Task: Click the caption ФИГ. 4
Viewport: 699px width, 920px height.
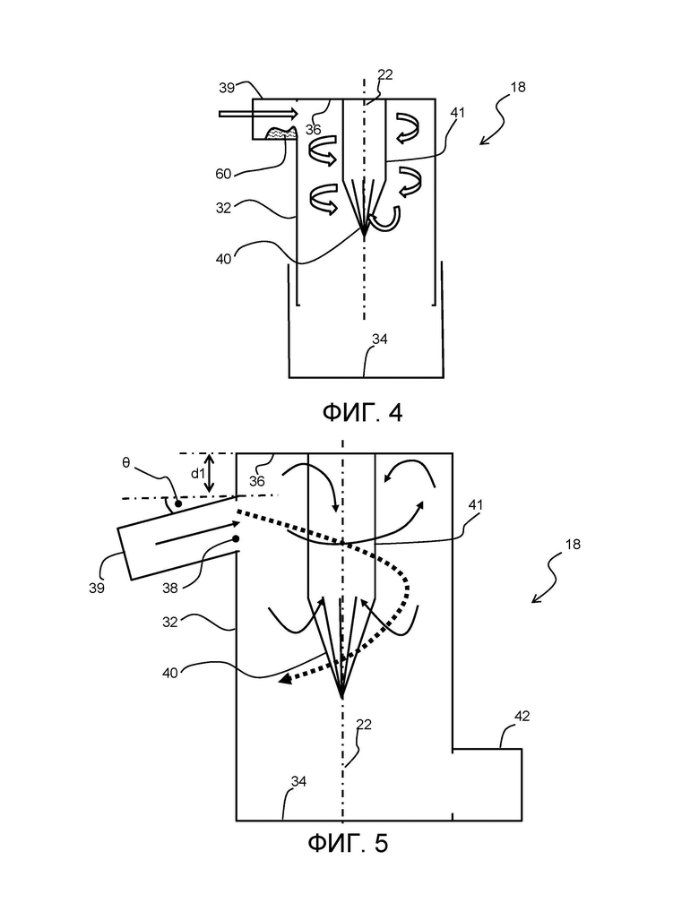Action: pyautogui.click(x=362, y=412)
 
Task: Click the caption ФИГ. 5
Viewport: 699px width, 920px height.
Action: pyautogui.click(x=348, y=844)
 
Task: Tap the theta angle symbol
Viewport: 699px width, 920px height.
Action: pyautogui.click(x=126, y=462)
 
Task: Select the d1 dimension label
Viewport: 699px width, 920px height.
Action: pyautogui.click(x=198, y=473)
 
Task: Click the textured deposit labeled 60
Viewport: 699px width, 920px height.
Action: pyautogui.click(x=282, y=133)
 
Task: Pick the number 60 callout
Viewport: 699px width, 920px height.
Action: pyautogui.click(x=224, y=174)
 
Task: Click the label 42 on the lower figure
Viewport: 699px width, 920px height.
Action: pyautogui.click(x=522, y=716)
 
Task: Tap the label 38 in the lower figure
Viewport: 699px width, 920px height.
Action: pyautogui.click(x=169, y=588)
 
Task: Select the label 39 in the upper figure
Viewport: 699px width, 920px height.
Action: pyautogui.click(x=227, y=88)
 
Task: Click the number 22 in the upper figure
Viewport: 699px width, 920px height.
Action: pyautogui.click(x=385, y=74)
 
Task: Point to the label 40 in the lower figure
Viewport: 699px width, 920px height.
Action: pyautogui.click(x=169, y=673)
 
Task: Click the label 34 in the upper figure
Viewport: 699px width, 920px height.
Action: pyautogui.click(x=380, y=340)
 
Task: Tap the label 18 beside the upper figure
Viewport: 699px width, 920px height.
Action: pyautogui.click(x=518, y=87)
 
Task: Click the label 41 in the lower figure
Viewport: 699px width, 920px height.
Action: pyautogui.click(x=475, y=504)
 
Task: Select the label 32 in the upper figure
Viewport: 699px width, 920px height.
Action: pyautogui.click(x=224, y=208)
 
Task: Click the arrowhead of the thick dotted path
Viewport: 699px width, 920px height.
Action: pyautogui.click(x=286, y=679)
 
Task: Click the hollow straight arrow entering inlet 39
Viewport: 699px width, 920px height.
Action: pyautogui.click(x=259, y=113)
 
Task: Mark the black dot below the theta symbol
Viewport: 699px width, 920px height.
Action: pyautogui.click(x=177, y=504)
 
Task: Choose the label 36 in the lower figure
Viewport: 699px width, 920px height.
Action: pyautogui.click(x=256, y=481)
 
